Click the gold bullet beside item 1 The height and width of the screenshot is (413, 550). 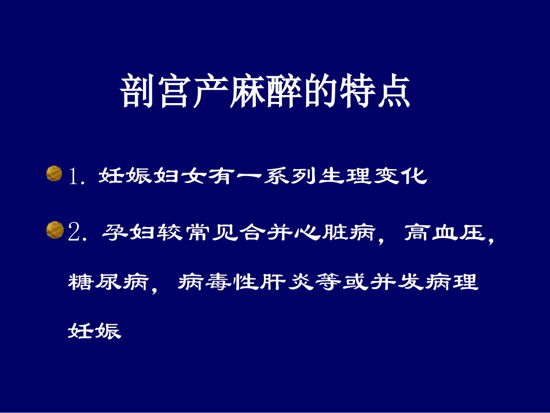(x=54, y=174)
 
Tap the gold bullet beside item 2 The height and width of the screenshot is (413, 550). (x=54, y=231)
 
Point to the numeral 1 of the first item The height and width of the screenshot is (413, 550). (x=74, y=176)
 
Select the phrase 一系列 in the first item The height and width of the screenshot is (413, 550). (x=263, y=176)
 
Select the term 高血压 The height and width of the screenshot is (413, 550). (x=443, y=232)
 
